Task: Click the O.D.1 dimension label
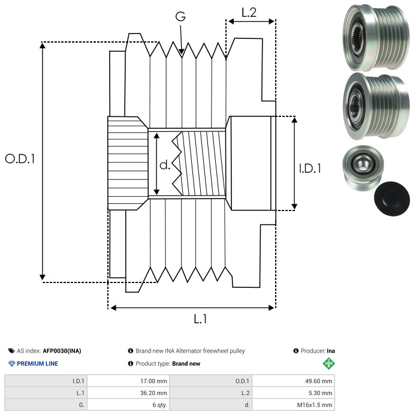(20, 159)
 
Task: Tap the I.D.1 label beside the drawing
(310, 169)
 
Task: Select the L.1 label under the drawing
(200, 319)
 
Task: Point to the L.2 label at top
(249, 13)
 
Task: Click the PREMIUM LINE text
(37, 363)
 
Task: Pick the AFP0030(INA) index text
(62, 351)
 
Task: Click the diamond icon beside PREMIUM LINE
(11, 363)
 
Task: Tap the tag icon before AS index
(11, 351)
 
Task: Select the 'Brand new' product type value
(186, 363)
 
